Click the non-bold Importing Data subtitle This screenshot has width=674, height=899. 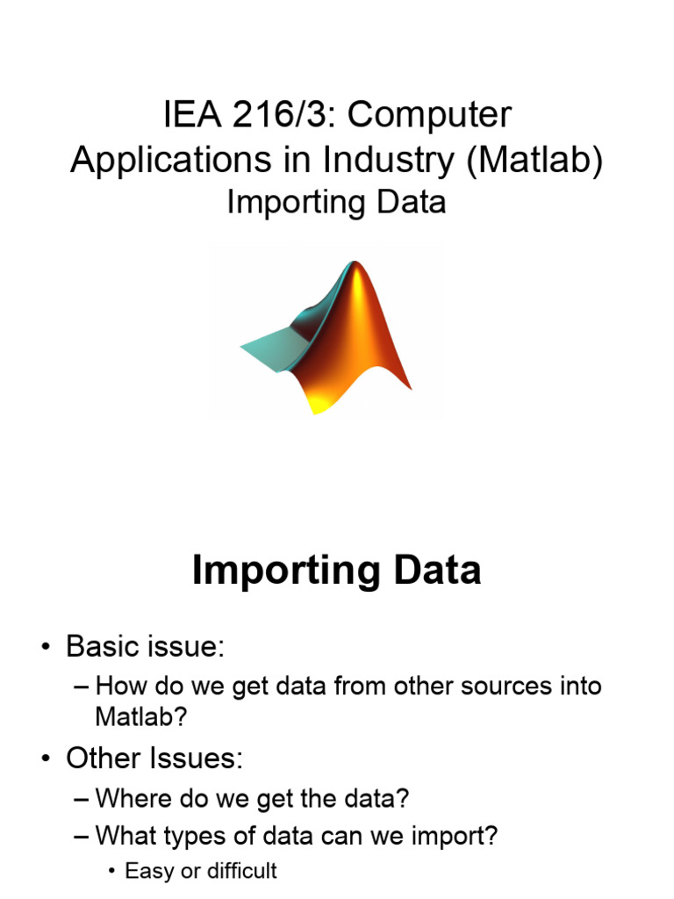click(x=336, y=202)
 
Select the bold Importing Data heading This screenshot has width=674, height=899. click(x=336, y=571)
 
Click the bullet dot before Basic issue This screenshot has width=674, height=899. click(x=45, y=648)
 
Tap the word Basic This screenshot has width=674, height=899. click(x=103, y=648)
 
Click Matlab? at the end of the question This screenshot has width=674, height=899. click(x=140, y=716)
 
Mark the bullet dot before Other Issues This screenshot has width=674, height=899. click(x=45, y=759)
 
